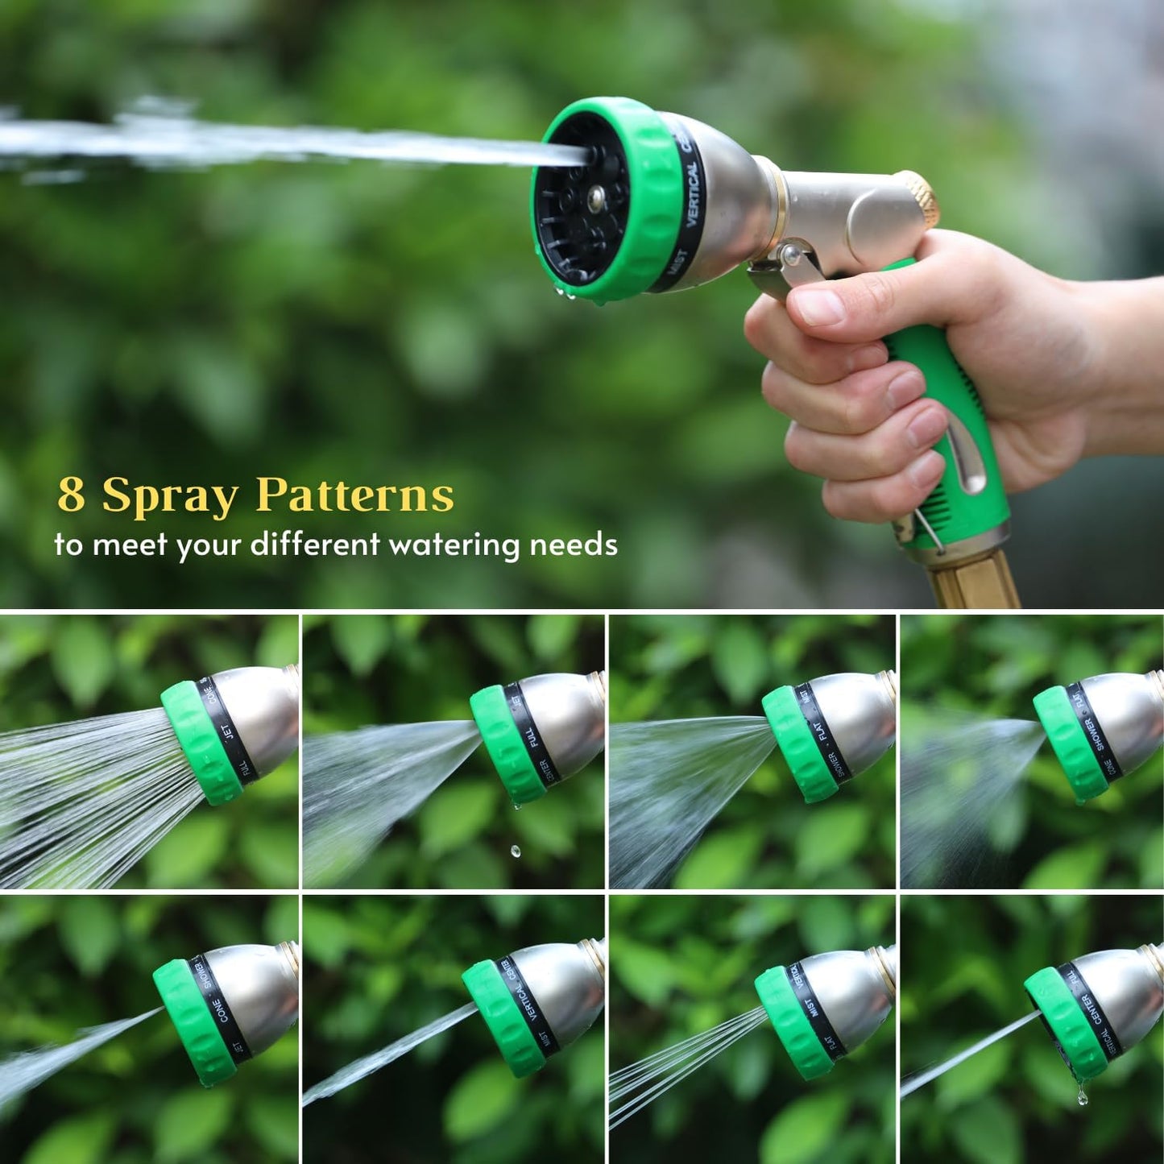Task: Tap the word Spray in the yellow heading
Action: click(x=170, y=497)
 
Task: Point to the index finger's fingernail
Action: click(x=817, y=308)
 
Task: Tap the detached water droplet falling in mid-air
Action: click(x=516, y=851)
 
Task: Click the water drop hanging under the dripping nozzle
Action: click(x=1082, y=1096)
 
